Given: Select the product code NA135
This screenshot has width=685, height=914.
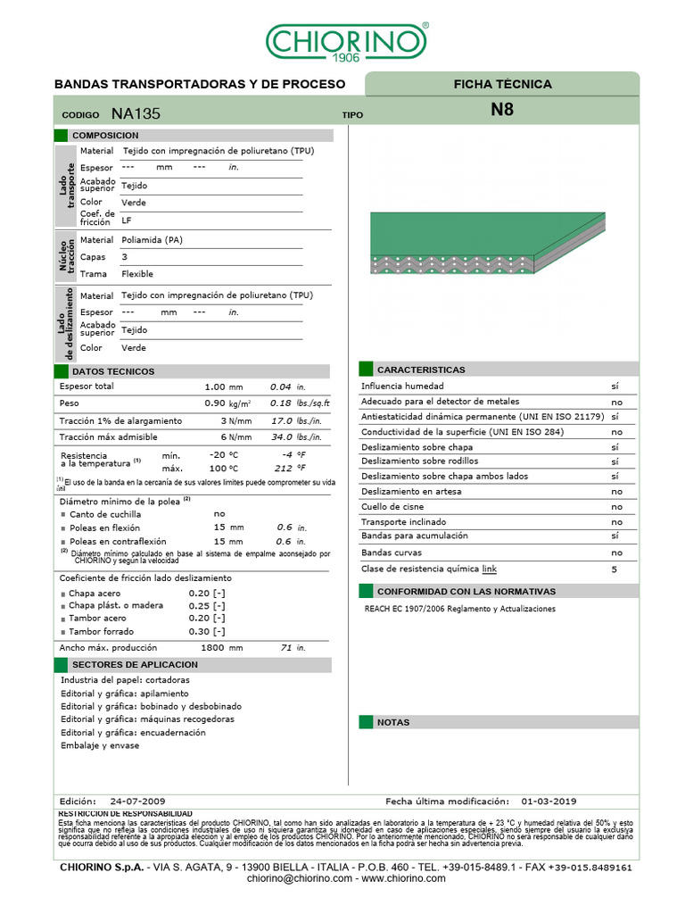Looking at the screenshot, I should (136, 114).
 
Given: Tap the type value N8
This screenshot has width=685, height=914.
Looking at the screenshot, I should (502, 112).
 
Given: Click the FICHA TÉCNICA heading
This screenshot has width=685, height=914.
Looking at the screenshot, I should (502, 85).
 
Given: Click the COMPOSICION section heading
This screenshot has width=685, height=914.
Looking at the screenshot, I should (105, 135).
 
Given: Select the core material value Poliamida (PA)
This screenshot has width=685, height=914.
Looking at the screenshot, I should (152, 240).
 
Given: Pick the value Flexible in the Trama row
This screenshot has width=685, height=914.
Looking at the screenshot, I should (137, 274).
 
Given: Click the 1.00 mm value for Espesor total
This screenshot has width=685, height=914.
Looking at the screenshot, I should (223, 387).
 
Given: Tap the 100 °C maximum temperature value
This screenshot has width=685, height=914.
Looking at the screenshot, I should (223, 469).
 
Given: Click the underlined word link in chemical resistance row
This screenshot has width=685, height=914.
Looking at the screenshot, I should (489, 569).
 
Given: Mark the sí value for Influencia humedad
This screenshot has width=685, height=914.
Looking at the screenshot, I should (615, 386).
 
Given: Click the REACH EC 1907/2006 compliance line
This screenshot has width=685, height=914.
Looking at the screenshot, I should (460, 609).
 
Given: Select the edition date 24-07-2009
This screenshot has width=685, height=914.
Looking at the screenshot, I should (137, 802).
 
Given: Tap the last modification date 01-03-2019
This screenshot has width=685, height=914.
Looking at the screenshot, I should (549, 802).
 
